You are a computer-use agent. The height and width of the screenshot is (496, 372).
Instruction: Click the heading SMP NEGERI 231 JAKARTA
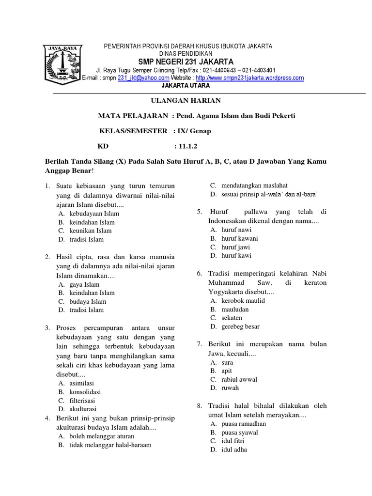click(x=186, y=62)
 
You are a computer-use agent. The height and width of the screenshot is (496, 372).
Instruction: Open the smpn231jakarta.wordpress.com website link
click(x=250, y=77)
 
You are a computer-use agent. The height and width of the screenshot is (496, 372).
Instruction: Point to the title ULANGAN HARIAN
click(x=186, y=100)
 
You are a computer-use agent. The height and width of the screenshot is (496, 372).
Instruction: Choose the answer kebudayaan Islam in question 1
click(x=94, y=214)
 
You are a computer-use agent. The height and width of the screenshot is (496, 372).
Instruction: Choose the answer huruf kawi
click(x=236, y=255)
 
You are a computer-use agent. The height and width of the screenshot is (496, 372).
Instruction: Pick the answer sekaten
click(x=232, y=318)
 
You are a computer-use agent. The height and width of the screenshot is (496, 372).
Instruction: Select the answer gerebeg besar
click(x=240, y=326)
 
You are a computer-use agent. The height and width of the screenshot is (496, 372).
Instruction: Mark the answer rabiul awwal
click(x=239, y=379)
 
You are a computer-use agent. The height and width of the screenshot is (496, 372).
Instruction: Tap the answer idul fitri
click(x=232, y=441)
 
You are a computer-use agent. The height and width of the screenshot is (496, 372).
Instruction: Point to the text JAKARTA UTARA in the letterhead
click(x=186, y=85)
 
